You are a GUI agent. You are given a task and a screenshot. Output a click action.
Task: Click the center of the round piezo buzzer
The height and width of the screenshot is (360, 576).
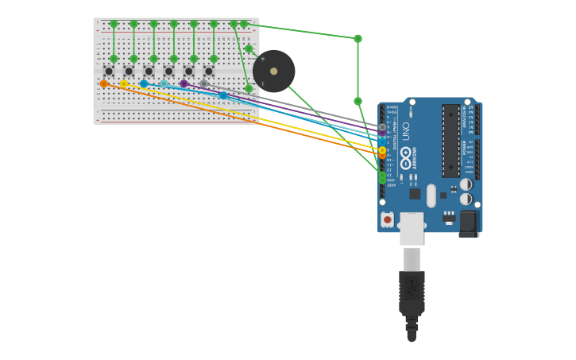click(274, 72)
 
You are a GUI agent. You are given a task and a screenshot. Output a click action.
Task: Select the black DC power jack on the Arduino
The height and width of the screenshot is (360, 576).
click(469, 223)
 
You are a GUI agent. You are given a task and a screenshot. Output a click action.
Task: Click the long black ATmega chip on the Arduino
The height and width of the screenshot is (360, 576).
click(450, 141)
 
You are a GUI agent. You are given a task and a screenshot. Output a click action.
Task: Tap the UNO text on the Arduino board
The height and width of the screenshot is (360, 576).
click(406, 130)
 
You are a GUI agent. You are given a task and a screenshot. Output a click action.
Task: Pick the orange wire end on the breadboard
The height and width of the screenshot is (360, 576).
click(104, 83)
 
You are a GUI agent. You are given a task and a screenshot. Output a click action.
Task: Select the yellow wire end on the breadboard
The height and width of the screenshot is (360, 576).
click(124, 83)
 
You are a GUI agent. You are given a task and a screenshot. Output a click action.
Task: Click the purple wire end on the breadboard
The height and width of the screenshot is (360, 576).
click(184, 83)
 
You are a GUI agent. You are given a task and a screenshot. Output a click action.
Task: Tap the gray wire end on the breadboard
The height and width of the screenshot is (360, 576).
click(204, 83)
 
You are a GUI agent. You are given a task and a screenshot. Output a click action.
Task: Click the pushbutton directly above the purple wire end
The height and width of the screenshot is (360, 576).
click(189, 72)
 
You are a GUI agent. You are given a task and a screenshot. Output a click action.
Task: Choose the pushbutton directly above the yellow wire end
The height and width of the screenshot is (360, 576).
click(129, 72)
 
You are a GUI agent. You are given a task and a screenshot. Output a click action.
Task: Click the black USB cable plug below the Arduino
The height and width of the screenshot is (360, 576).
click(412, 294)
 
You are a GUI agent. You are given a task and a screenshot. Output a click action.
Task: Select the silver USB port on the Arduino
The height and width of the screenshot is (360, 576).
click(412, 229)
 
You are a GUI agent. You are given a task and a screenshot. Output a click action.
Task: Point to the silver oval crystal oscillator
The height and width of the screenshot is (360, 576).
click(431, 195)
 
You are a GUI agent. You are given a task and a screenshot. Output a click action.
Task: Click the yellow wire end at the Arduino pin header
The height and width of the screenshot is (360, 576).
click(382, 150)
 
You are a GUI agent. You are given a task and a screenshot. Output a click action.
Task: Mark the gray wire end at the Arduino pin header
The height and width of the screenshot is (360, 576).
click(382, 127)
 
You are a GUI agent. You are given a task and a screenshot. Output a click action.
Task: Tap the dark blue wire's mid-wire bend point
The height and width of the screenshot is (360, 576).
click(223, 95)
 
